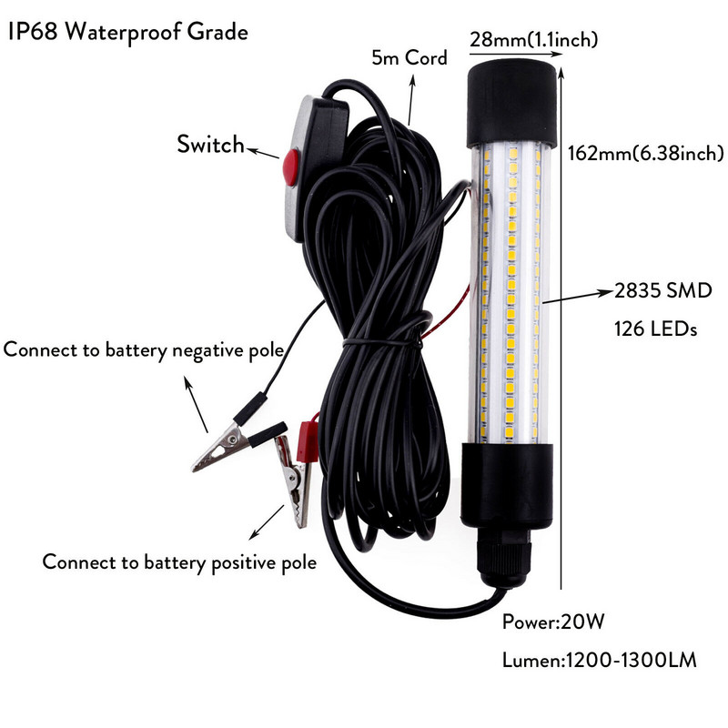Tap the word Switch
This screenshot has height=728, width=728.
coord(210,144)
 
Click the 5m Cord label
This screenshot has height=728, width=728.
coord(409,58)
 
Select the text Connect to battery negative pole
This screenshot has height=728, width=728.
coord(145,350)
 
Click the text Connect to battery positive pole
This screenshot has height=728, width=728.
coord(179,561)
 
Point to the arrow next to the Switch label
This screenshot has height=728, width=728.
coord(265,151)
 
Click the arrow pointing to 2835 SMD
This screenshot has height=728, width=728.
coord(574,294)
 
